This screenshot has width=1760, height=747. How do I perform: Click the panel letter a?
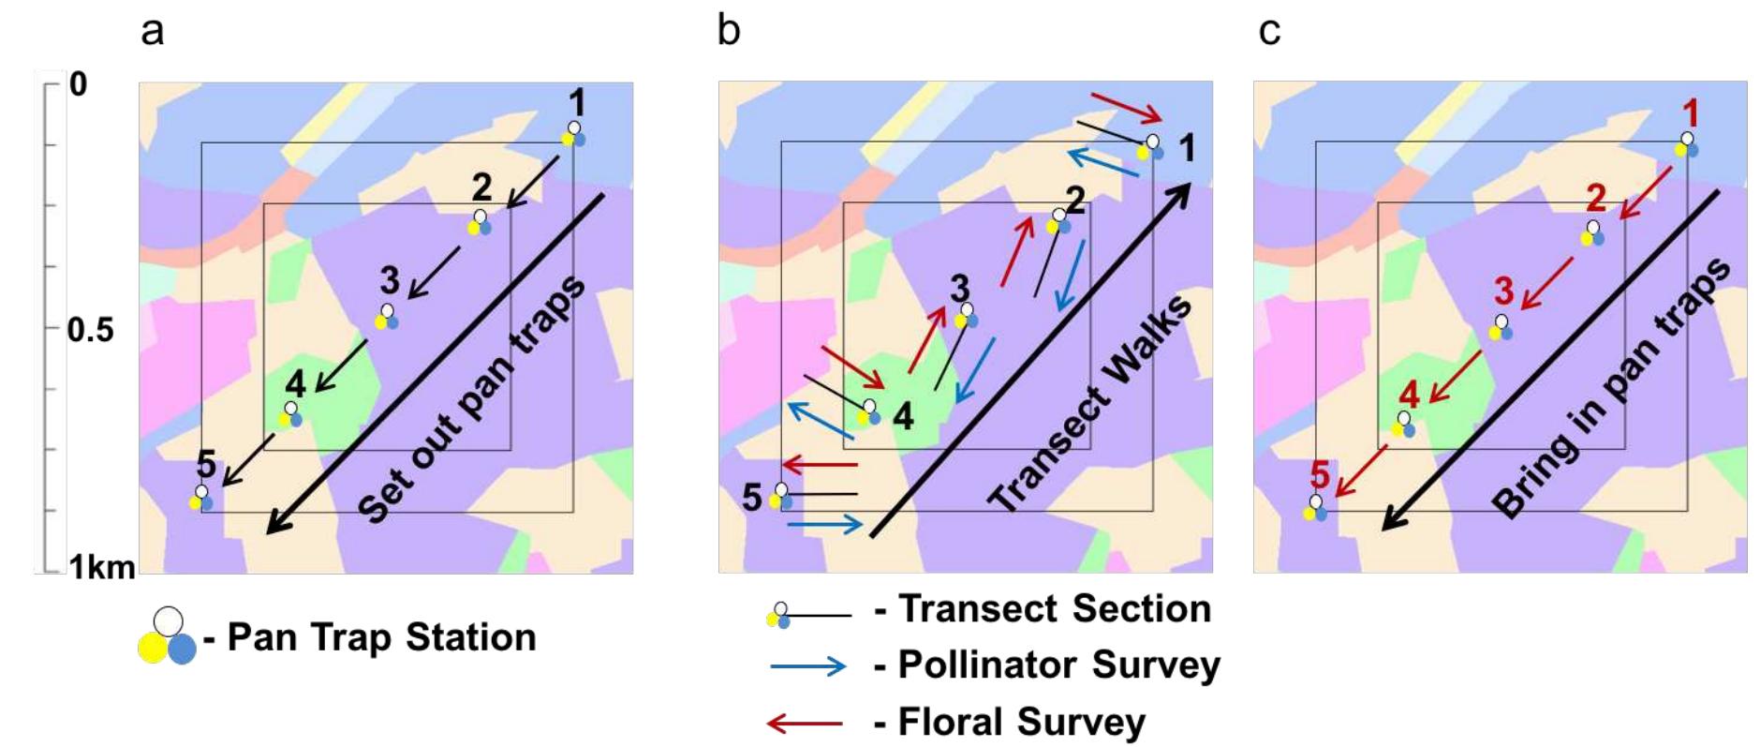click(x=152, y=31)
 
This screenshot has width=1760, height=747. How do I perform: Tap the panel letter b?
click(x=728, y=30)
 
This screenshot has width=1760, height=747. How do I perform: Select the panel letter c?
click(x=1269, y=31)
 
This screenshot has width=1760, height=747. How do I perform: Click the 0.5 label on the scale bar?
click(x=90, y=330)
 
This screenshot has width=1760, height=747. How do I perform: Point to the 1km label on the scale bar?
click(x=101, y=566)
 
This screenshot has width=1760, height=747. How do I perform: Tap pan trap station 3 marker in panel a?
click(x=387, y=316)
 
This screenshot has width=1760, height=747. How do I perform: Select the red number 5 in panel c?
click(x=1320, y=474)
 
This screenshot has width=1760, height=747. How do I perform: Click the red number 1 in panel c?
click(x=1691, y=113)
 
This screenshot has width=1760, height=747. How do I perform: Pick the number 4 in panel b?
click(x=902, y=416)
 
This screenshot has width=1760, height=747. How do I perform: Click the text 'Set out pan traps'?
click(x=472, y=399)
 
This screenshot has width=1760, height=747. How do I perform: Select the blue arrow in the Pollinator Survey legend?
click(x=807, y=666)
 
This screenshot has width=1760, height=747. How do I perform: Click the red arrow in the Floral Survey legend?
click(x=805, y=723)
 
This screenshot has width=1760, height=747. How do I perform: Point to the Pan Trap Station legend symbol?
click(x=167, y=637)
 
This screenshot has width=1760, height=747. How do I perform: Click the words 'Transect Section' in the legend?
click(x=1054, y=609)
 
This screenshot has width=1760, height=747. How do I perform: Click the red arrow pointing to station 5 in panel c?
click(x=1361, y=471)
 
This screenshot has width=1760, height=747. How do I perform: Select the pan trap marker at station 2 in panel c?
click(x=1592, y=233)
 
